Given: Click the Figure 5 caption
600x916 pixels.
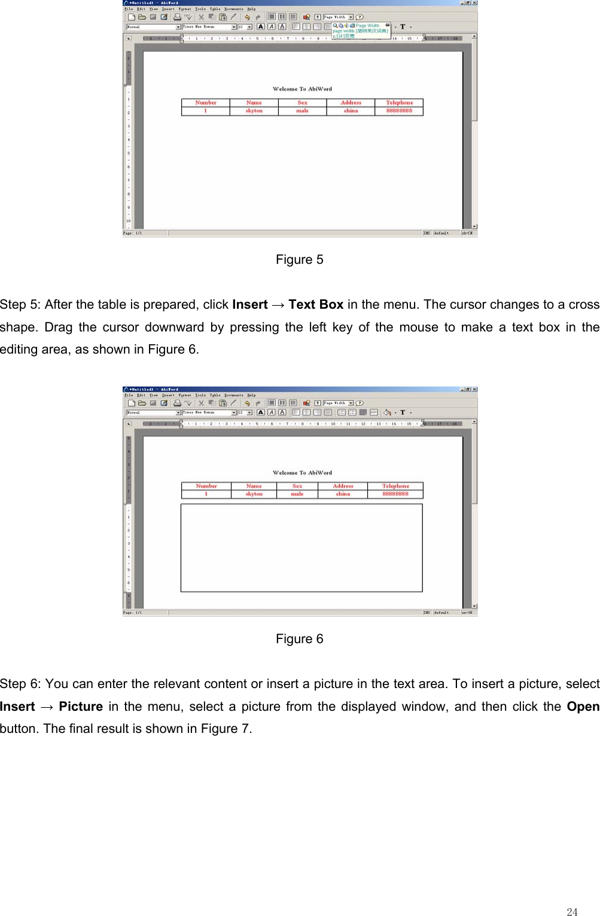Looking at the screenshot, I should pyautogui.click(x=299, y=260).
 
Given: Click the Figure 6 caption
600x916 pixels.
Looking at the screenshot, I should pyautogui.click(x=299, y=639).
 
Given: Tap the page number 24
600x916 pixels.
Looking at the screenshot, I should pyautogui.click(x=572, y=912).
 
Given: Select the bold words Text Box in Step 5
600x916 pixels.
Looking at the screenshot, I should pyautogui.click(x=316, y=305).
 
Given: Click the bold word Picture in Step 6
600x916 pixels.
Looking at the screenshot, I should pyautogui.click(x=81, y=707).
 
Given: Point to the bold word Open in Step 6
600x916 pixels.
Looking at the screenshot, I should pyautogui.click(x=583, y=707).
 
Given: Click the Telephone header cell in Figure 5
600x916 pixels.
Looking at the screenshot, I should pyautogui.click(x=399, y=103).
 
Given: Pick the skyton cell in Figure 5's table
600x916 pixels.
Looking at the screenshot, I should pyautogui.click(x=254, y=111).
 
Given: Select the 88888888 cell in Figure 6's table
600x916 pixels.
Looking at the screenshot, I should pyautogui.click(x=395, y=494).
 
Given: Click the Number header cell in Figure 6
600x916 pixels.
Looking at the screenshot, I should pyautogui.click(x=206, y=486).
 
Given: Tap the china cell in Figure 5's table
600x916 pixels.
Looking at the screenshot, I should pyautogui.click(x=351, y=111).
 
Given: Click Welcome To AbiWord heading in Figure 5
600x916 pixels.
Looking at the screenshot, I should pyautogui.click(x=302, y=89).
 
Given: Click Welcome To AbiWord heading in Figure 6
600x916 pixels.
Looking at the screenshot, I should pyautogui.click(x=302, y=473).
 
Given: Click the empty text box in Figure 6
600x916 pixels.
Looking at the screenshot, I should pyautogui.click(x=301, y=547).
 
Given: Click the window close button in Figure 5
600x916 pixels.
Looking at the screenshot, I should pyautogui.click(x=474, y=3).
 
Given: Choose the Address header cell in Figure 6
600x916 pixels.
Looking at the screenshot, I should pyautogui.click(x=343, y=486).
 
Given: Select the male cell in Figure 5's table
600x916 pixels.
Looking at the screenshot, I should pyautogui.click(x=302, y=111).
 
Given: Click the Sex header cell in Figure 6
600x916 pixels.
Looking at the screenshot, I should pyautogui.click(x=297, y=486).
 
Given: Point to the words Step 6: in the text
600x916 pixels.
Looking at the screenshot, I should pyautogui.click(x=20, y=684).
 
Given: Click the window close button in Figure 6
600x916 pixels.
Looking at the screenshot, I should pyautogui.click(x=474, y=389).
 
